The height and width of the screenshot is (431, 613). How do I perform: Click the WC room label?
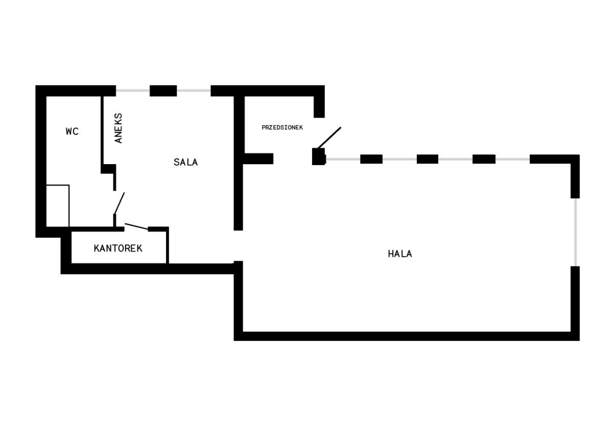pos(72,131)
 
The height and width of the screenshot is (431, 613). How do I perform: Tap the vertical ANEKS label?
pos(118,128)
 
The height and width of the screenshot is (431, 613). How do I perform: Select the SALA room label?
pos(185,162)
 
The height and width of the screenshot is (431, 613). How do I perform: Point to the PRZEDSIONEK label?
pos(282,127)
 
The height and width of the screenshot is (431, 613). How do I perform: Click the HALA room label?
pos(400,254)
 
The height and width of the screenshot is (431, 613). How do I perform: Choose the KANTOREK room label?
pos(118,248)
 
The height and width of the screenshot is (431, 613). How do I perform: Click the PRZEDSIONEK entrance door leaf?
pos(329,138)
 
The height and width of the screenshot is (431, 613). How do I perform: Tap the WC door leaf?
pos(120,203)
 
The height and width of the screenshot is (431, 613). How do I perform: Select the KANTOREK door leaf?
pos(136,226)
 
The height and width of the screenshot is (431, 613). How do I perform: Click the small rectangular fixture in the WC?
pos(57,206)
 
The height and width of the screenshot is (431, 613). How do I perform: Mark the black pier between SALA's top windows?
pos(163,91)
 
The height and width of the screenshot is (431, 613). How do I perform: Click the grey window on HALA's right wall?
pos(576,232)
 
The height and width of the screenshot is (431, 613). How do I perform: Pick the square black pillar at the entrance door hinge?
pos(319,156)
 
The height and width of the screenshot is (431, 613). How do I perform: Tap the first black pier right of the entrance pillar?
pos(371,159)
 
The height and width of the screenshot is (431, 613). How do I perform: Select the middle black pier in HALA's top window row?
pos(427,159)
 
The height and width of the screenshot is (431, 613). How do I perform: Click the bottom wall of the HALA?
pos(407,336)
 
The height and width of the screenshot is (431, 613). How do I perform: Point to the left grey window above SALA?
pos(133,90)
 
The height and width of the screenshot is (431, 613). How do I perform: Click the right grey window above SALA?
pos(194,90)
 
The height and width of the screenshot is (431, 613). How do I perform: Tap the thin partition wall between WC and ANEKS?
pos(102,130)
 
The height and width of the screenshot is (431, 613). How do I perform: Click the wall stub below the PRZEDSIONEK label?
pos(258,159)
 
